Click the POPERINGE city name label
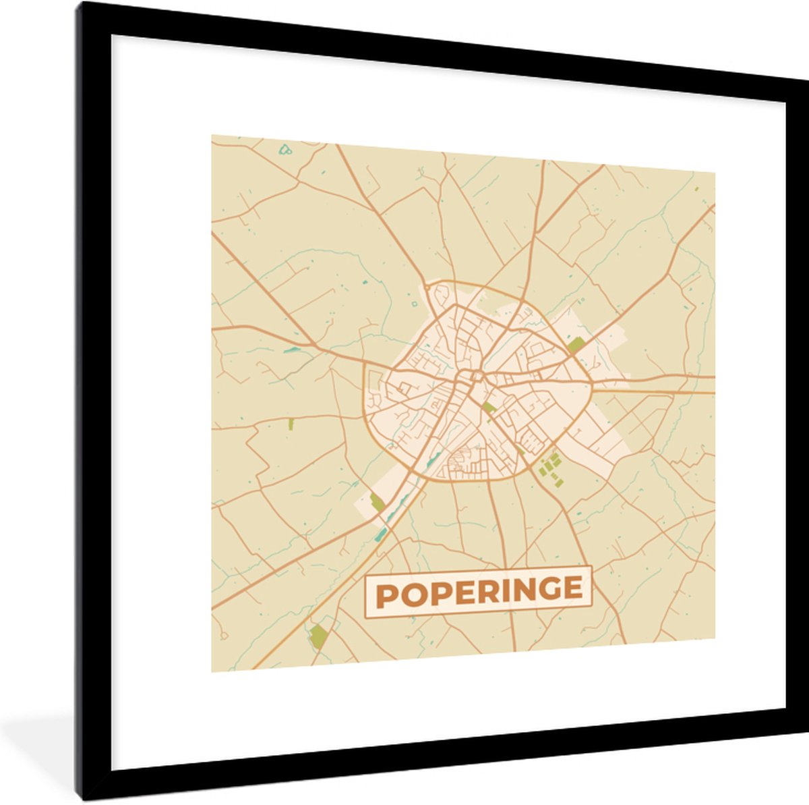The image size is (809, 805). [478, 591]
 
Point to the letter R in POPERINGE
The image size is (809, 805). [489, 590]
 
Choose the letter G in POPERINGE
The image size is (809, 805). [551, 589]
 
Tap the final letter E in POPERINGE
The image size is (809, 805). [574, 588]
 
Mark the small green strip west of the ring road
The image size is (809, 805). [291, 424]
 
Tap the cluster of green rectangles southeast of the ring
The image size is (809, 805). [550, 467]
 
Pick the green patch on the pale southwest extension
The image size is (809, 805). [377, 502]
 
